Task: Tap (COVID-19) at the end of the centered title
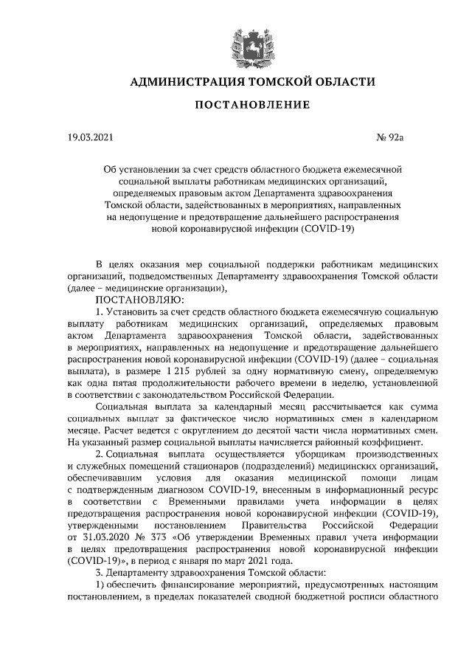coord(329,230)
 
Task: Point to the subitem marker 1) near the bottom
coord(103,584)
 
